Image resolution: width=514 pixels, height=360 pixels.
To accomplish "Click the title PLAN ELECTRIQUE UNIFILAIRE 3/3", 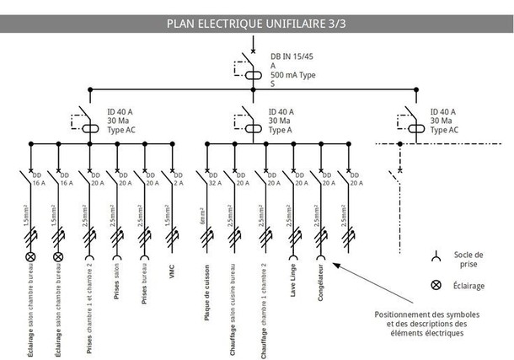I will [257, 23].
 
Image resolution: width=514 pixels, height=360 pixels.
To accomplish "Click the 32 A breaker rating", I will [214, 183].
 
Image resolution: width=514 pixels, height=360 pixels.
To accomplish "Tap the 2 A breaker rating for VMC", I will [178, 183].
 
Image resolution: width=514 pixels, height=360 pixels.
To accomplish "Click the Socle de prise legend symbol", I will [435, 256].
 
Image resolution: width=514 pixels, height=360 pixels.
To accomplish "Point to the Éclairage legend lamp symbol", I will [435, 285].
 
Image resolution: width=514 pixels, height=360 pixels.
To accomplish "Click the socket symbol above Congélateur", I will [320, 257].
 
